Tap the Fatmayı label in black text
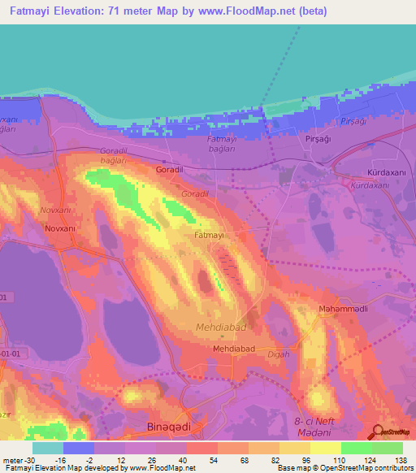coord(209,235)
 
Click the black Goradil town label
coord(169,171)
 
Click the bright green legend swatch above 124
coord(356,448)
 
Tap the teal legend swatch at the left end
coord(48,448)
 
